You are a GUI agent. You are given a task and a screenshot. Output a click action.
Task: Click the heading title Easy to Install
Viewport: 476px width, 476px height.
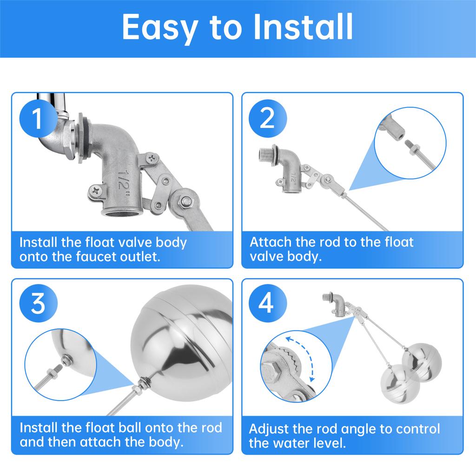pos(238,28)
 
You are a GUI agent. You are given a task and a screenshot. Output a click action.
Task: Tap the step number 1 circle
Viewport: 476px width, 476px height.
pos(38,118)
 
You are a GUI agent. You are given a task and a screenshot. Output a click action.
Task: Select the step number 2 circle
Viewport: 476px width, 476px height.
pos(267,118)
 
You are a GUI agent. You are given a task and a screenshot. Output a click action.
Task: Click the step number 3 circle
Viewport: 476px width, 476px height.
pos(38,303)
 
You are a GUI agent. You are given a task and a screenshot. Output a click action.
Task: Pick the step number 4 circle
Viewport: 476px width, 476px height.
pos(267,303)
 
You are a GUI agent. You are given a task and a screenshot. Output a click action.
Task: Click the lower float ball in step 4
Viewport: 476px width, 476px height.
pos(400,384)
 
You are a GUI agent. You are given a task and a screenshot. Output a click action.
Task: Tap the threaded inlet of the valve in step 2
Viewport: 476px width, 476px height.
pos(266,154)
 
